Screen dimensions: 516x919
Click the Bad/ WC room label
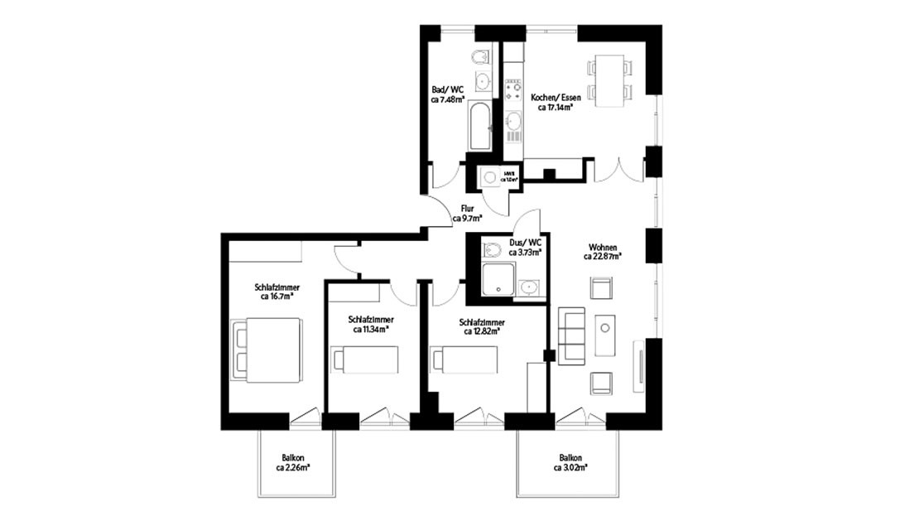tap(448, 94)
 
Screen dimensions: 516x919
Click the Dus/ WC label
tap(525, 248)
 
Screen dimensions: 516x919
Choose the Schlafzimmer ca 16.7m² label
tap(277, 292)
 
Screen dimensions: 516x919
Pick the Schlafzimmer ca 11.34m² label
tap(370, 324)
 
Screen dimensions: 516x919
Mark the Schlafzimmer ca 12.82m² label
tap(482, 327)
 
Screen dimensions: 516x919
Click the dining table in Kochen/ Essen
tap(609, 80)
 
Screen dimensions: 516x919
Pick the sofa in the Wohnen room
tap(572, 336)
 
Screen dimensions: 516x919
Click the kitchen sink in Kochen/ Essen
tap(514, 123)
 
